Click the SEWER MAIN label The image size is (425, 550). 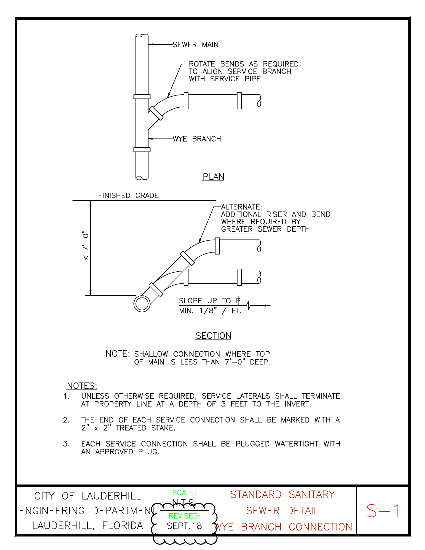pyautogui.click(x=196, y=45)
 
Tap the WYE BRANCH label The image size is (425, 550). pyautogui.click(x=197, y=139)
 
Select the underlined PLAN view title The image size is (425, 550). pyautogui.click(x=213, y=177)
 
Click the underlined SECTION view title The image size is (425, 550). pyautogui.click(x=213, y=336)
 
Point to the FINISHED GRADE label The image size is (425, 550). pyautogui.click(x=128, y=196)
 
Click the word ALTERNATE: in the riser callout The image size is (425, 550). pyautogui.click(x=241, y=207)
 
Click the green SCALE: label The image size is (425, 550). pyautogui.click(x=184, y=492)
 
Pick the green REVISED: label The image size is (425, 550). pyautogui.click(x=184, y=516)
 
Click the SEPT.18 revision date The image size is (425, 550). pyautogui.click(x=184, y=526)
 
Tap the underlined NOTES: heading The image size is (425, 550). pyautogui.click(x=82, y=386)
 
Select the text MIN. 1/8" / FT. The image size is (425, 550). pyautogui.click(x=210, y=311)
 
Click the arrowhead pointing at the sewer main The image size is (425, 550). pyautogui.click(x=150, y=44)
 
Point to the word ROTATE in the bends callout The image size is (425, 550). pyautogui.click(x=202, y=64)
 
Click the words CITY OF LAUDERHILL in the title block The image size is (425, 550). pyautogui.click(x=87, y=496)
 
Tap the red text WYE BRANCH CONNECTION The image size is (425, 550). pyautogui.click(x=283, y=527)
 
